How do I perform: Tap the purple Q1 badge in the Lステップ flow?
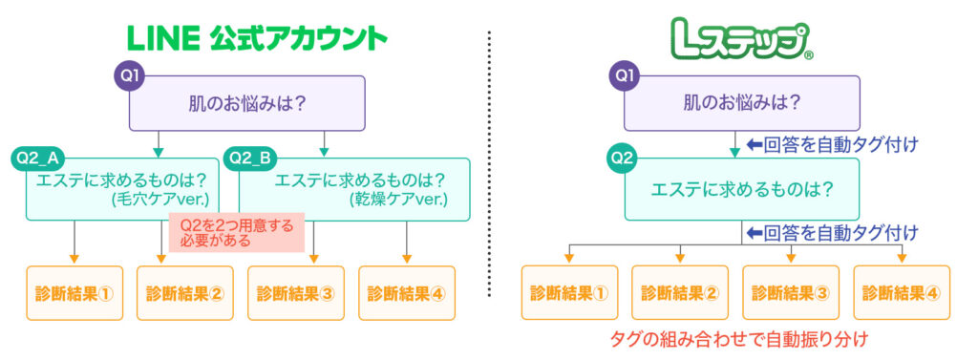click(623, 74)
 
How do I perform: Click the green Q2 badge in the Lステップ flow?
click(623, 158)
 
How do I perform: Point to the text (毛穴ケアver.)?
click(161, 201)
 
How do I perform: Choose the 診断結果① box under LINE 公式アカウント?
click(74, 292)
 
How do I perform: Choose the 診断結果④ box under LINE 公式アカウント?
click(407, 292)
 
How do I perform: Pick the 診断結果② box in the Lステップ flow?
click(680, 292)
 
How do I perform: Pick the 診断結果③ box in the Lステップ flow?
click(791, 292)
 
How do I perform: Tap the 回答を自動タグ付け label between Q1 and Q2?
click(831, 145)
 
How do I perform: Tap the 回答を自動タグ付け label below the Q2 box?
click(831, 231)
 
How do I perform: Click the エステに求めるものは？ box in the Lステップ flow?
click(742, 189)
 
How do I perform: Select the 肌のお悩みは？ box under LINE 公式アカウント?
click(248, 103)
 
